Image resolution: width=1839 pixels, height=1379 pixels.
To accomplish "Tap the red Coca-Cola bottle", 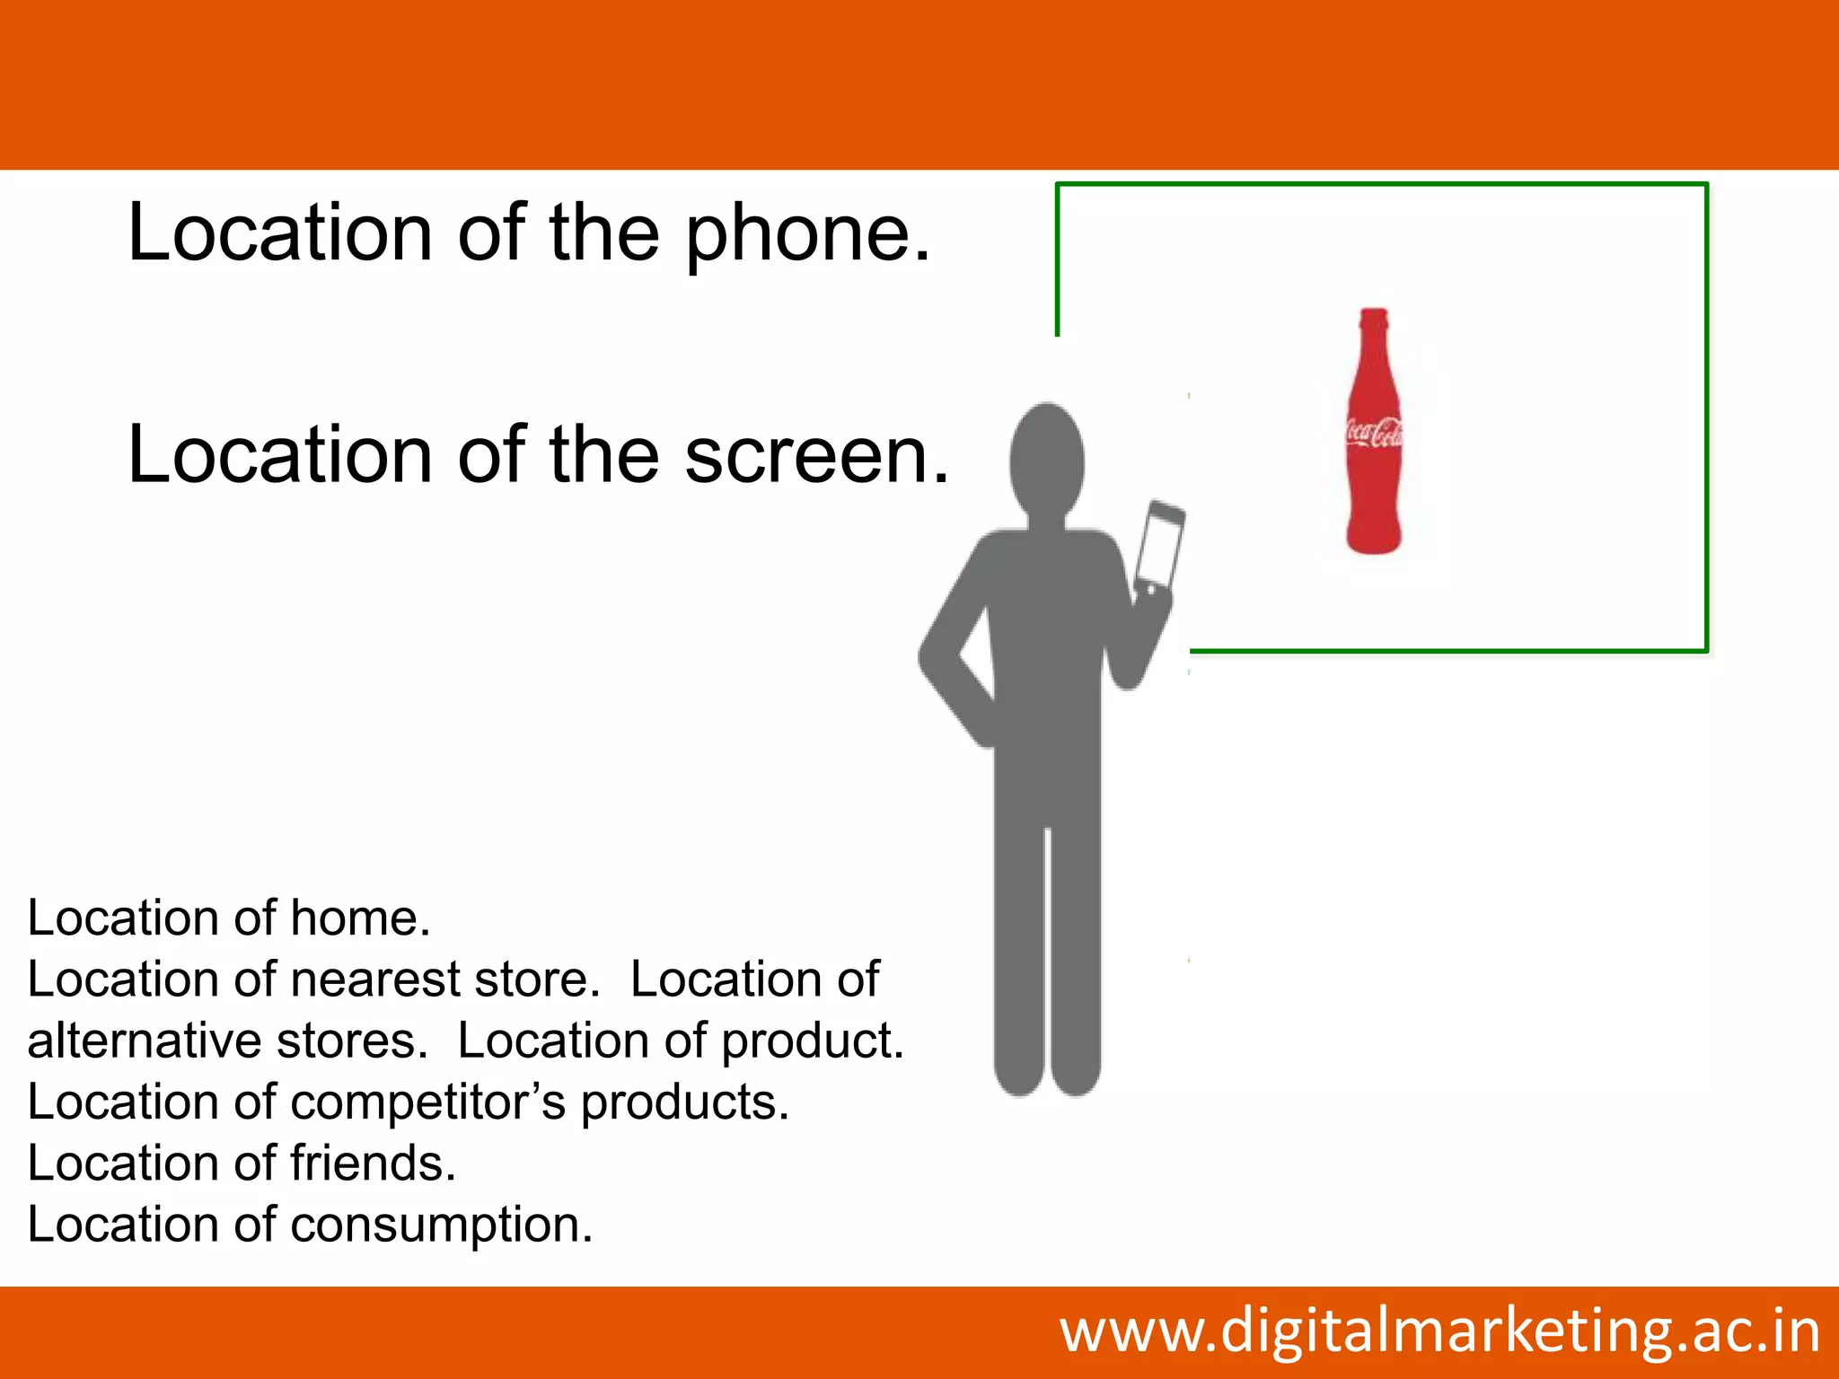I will [x=1374, y=449].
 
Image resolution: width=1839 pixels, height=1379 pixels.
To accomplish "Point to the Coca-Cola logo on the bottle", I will [x=1375, y=433].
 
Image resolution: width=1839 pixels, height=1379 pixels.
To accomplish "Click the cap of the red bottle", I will [x=1374, y=316].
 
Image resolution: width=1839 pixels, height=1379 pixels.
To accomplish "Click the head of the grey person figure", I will [x=1046, y=460].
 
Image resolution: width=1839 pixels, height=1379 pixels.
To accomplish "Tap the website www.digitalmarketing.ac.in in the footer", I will [x=1439, y=1331].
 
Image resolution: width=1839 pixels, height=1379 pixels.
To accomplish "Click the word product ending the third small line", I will [x=812, y=1041].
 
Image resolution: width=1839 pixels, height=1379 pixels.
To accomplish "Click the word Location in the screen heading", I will [x=281, y=455].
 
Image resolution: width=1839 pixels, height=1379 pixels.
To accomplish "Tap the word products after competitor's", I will [x=684, y=1103].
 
